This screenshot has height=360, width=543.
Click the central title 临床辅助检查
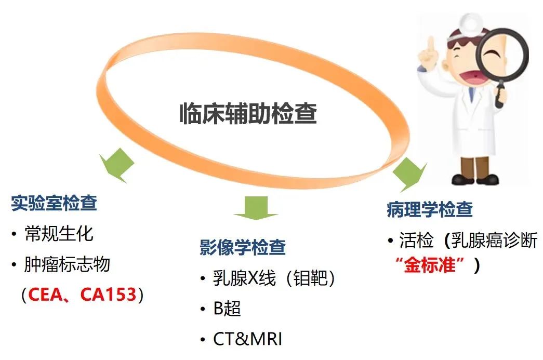(x=248, y=113)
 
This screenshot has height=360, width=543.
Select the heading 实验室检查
(x=54, y=203)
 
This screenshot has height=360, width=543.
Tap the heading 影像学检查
(x=243, y=247)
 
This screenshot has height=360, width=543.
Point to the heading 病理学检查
(x=430, y=209)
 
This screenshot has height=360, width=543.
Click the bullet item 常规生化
(x=59, y=234)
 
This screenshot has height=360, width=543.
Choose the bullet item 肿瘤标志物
(x=67, y=264)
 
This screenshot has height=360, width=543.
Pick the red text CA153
(x=109, y=295)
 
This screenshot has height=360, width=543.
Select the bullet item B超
(x=227, y=308)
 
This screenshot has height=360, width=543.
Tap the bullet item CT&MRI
(x=248, y=339)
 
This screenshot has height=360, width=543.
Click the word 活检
(x=417, y=240)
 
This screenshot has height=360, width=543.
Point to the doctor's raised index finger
(x=430, y=47)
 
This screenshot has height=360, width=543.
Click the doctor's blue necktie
(x=471, y=95)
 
